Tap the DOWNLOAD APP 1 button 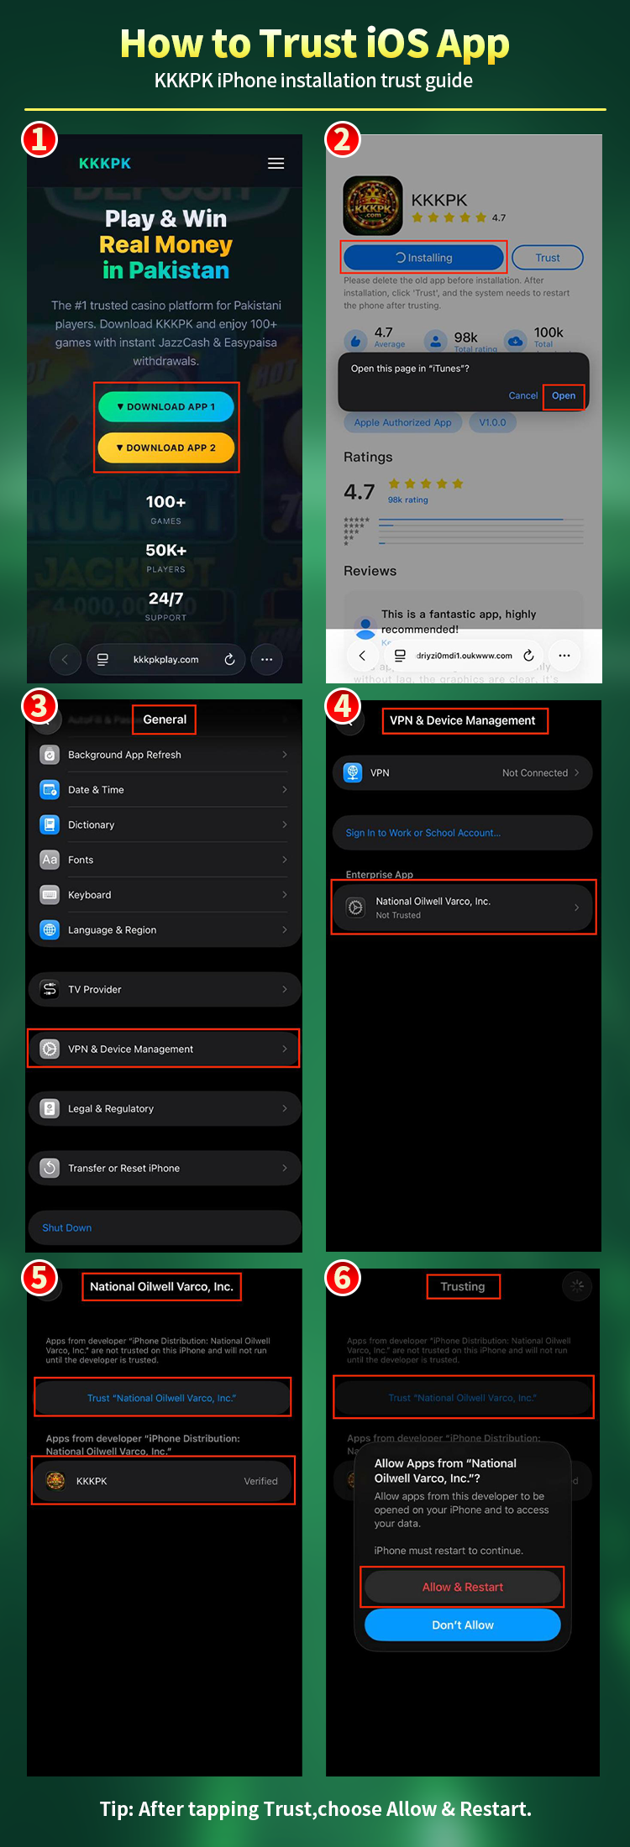point(165,406)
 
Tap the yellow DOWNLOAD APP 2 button point(165,447)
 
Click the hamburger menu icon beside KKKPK point(276,164)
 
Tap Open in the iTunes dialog point(564,395)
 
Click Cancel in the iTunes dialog point(522,395)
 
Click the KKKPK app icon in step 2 point(372,206)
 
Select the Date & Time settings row point(165,790)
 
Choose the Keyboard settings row point(165,895)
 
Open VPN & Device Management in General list point(165,1049)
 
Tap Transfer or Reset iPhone point(165,1168)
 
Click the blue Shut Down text point(67,1227)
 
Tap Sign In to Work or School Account point(423,833)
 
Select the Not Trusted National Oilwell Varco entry point(463,908)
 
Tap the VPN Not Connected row point(463,772)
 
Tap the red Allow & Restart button point(462,1587)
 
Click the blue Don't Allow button point(462,1625)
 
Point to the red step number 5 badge point(39,1278)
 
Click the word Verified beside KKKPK point(260,1481)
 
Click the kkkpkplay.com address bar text point(166,660)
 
